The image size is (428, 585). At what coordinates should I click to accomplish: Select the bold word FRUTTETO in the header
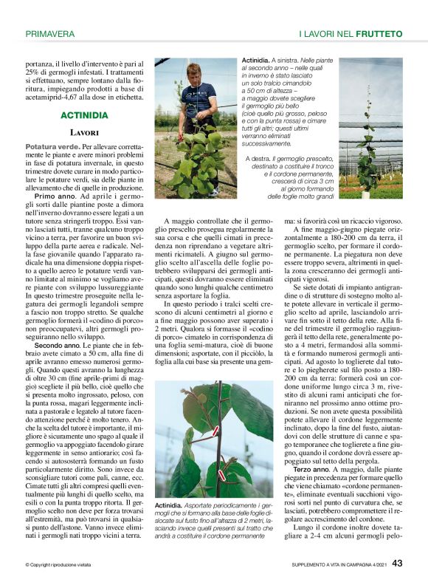click(379, 34)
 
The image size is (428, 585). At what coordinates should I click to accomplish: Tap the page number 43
click(397, 563)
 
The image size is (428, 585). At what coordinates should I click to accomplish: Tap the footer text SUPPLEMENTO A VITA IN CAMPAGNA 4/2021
click(323, 564)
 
